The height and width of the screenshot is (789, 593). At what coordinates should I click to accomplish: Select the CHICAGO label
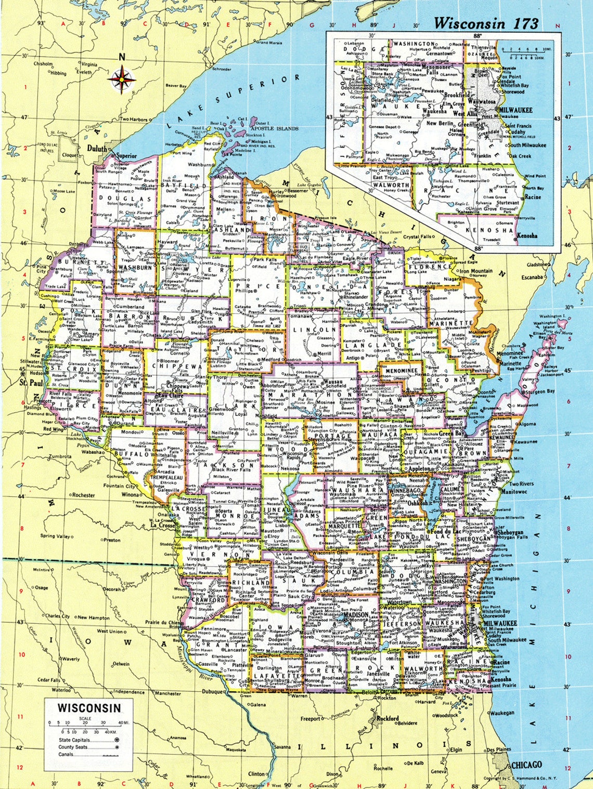coord(527,765)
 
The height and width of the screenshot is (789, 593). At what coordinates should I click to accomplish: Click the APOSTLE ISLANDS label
coord(274,128)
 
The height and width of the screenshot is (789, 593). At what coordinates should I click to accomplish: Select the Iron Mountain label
coord(475,271)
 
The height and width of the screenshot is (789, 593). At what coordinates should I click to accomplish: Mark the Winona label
coord(130,495)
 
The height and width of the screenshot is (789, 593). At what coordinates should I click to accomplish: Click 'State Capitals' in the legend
coord(74,740)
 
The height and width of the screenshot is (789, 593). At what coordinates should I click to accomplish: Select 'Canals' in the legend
coord(66,754)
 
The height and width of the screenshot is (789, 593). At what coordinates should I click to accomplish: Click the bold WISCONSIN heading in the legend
coord(89,707)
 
